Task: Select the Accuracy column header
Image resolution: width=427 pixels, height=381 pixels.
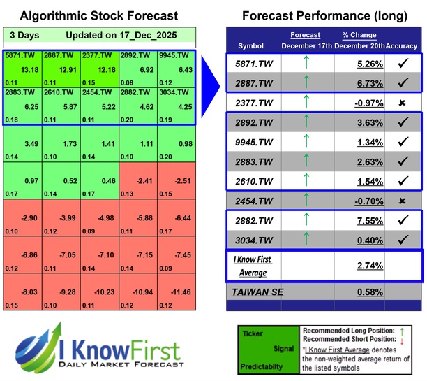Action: click(403, 45)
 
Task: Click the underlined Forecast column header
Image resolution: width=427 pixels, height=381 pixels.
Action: click(305, 34)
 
